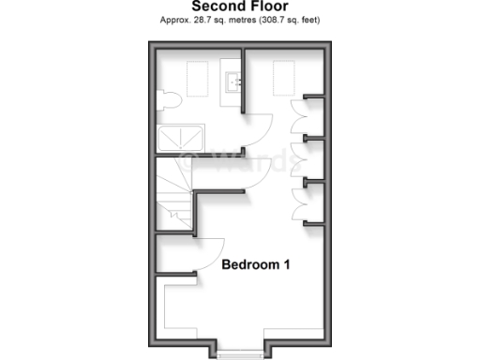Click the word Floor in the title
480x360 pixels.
(x=269, y=7)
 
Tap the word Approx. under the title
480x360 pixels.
(x=176, y=20)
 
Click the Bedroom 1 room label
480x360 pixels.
(x=255, y=265)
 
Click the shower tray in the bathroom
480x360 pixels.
(x=177, y=139)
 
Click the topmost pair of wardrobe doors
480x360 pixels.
(x=298, y=117)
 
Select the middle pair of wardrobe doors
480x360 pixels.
(x=298, y=158)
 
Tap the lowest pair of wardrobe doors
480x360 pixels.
(x=298, y=202)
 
